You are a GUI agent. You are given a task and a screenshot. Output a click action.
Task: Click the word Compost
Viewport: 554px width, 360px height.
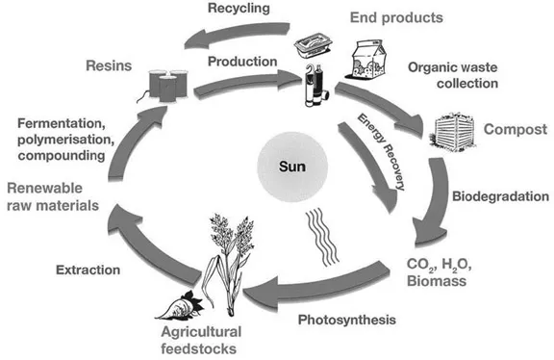[515, 130]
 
